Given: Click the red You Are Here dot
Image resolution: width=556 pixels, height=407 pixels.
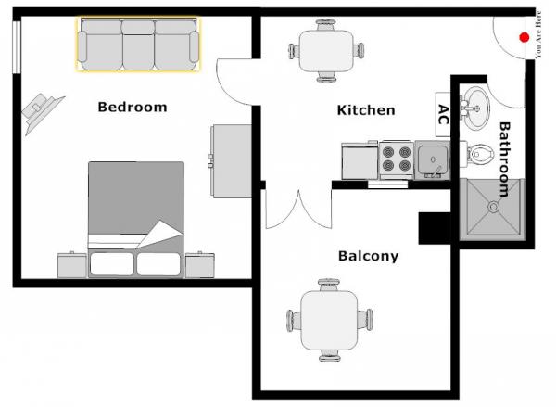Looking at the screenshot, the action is coord(524,37).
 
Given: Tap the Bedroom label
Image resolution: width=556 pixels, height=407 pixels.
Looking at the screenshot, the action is coord(133,108).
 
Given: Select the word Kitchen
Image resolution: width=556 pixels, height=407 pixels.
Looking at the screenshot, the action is coord(366,110).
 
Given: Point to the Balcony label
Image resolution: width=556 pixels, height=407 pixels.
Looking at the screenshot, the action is coord(368,256).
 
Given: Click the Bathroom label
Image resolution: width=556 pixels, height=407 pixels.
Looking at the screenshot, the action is coord(504,159).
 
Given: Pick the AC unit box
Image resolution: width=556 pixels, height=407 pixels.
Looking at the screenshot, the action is coord(443,114).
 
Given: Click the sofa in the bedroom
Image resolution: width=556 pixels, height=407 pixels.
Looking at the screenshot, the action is coord(138,45).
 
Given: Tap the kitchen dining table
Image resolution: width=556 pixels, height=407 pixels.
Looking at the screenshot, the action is coord(326,51).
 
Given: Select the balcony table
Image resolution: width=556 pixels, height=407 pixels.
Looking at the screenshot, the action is coord(329,320).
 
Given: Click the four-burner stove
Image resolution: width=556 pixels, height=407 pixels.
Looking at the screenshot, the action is coord(397,159).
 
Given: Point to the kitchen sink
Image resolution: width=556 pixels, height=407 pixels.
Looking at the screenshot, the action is coord(432,159).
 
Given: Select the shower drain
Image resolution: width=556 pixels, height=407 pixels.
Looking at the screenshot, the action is coord(493,207).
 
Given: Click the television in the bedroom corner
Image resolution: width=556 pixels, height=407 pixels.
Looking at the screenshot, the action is coord(42,112).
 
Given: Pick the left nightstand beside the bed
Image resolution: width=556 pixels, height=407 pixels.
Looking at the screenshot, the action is coord(72,265).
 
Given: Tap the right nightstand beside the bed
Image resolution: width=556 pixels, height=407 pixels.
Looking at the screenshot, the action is coord(199,265).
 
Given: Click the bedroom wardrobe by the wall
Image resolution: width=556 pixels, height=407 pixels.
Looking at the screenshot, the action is coord(231,160).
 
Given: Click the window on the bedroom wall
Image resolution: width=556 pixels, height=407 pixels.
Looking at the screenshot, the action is coord(17,47).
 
